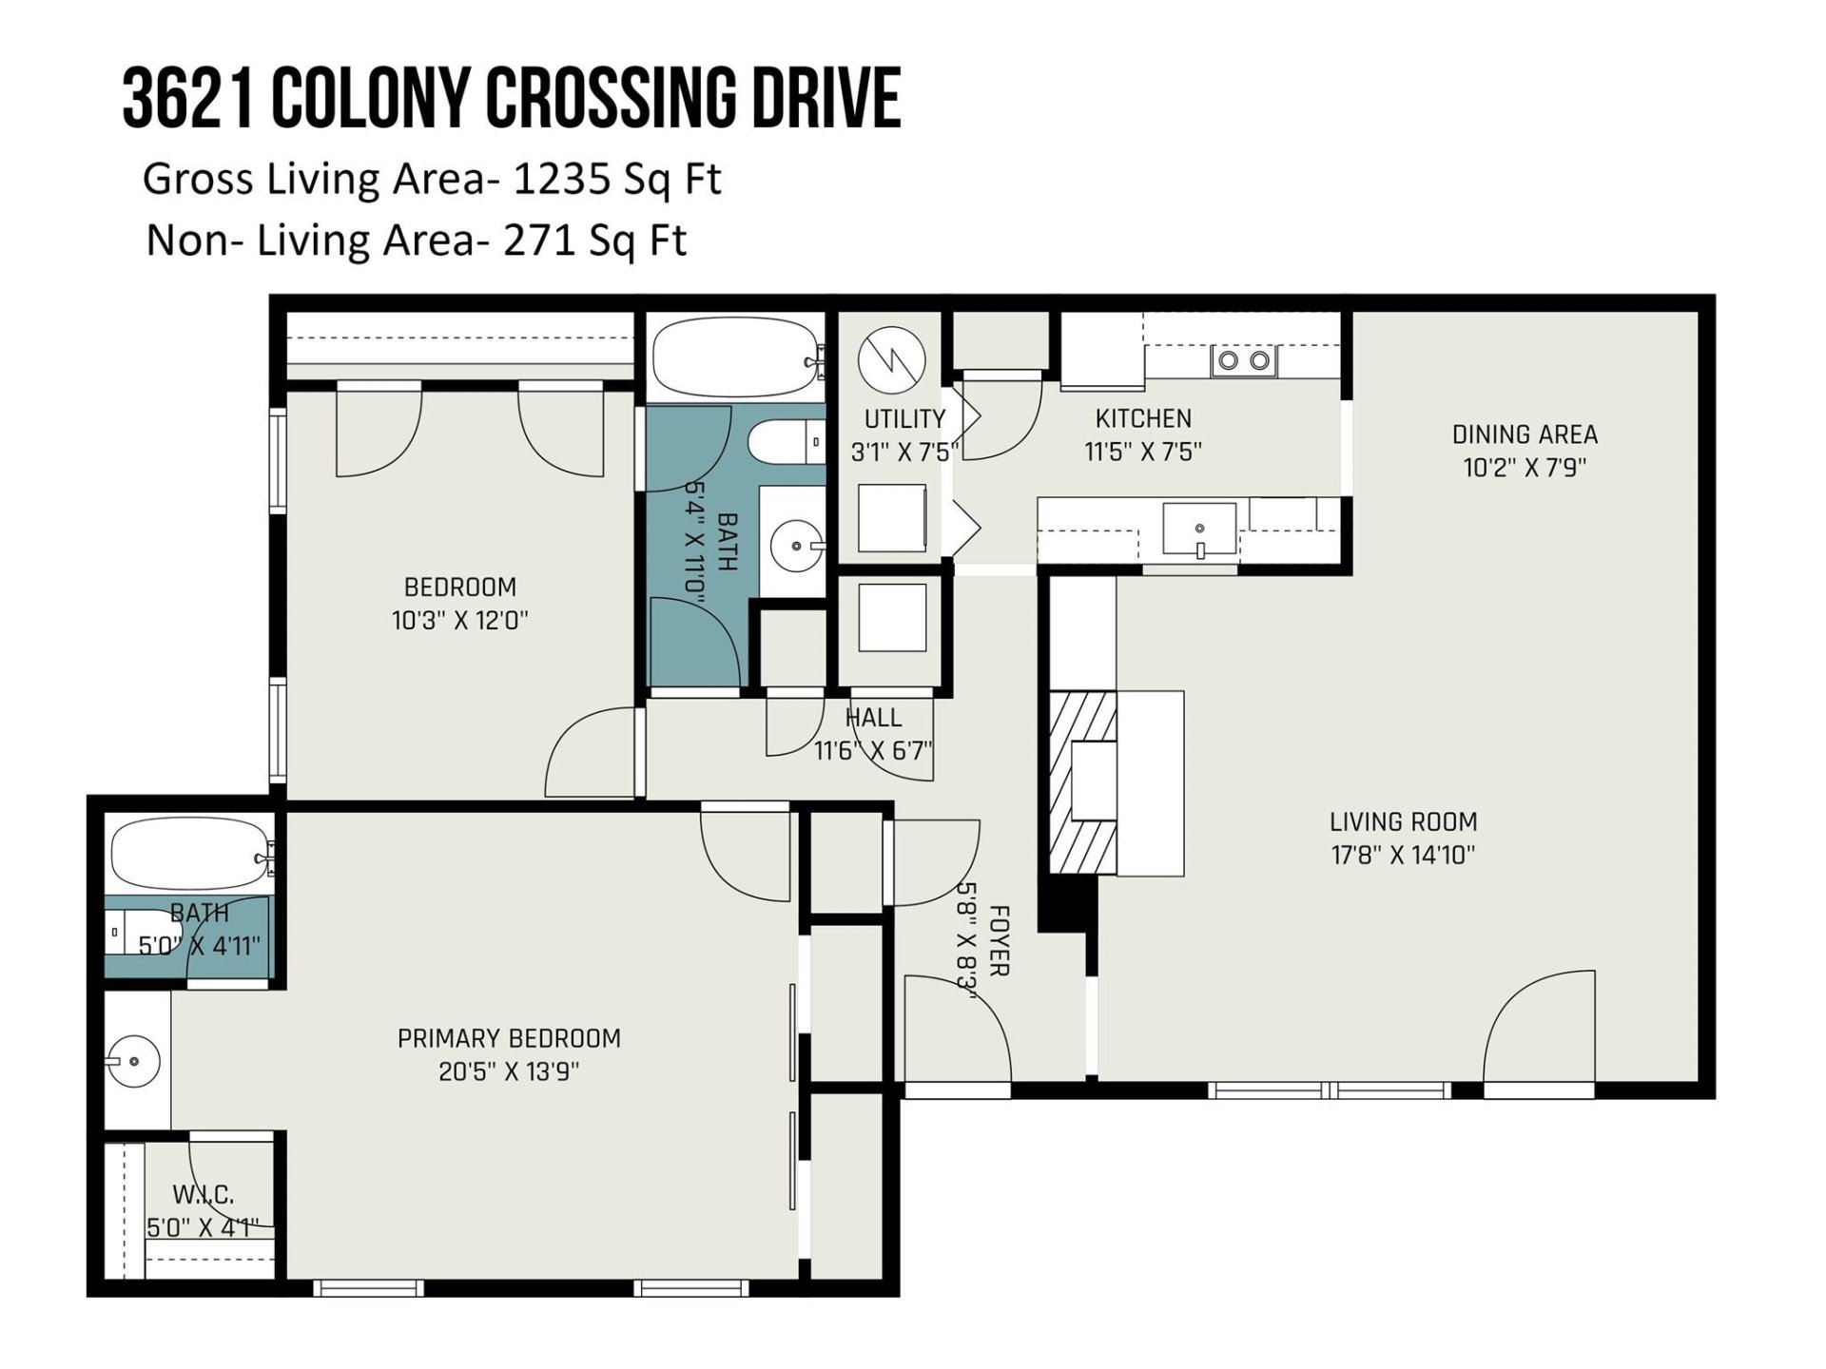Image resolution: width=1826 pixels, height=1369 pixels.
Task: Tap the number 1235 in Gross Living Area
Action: coord(562,179)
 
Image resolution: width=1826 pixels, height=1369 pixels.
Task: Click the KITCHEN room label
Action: coord(1143,418)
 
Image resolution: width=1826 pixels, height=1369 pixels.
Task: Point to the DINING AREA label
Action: coord(1525,434)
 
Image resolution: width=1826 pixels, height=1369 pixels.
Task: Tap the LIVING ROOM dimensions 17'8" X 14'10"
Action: coord(1403,855)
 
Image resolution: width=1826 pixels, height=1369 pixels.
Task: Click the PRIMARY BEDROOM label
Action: coord(509,1038)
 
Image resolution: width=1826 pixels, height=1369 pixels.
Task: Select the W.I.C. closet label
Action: coord(204,1194)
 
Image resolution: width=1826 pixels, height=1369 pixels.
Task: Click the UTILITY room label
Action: coord(904,418)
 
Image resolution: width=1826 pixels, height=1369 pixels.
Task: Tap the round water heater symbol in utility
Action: coord(891,360)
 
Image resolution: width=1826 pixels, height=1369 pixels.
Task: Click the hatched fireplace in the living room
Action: coord(1083,781)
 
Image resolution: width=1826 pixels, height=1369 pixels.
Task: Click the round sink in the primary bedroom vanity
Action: coord(132,1061)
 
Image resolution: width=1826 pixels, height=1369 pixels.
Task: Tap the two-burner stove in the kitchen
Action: coord(1244,360)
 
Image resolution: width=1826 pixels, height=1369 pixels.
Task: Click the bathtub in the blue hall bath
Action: coord(736,357)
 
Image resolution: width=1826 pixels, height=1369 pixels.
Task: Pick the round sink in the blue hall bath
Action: coord(794,546)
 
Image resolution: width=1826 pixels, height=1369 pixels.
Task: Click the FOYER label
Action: coord(999,940)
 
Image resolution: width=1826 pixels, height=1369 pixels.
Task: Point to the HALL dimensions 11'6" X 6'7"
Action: coord(873,751)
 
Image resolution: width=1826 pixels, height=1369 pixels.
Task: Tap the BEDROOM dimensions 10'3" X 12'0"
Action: coord(459,621)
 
